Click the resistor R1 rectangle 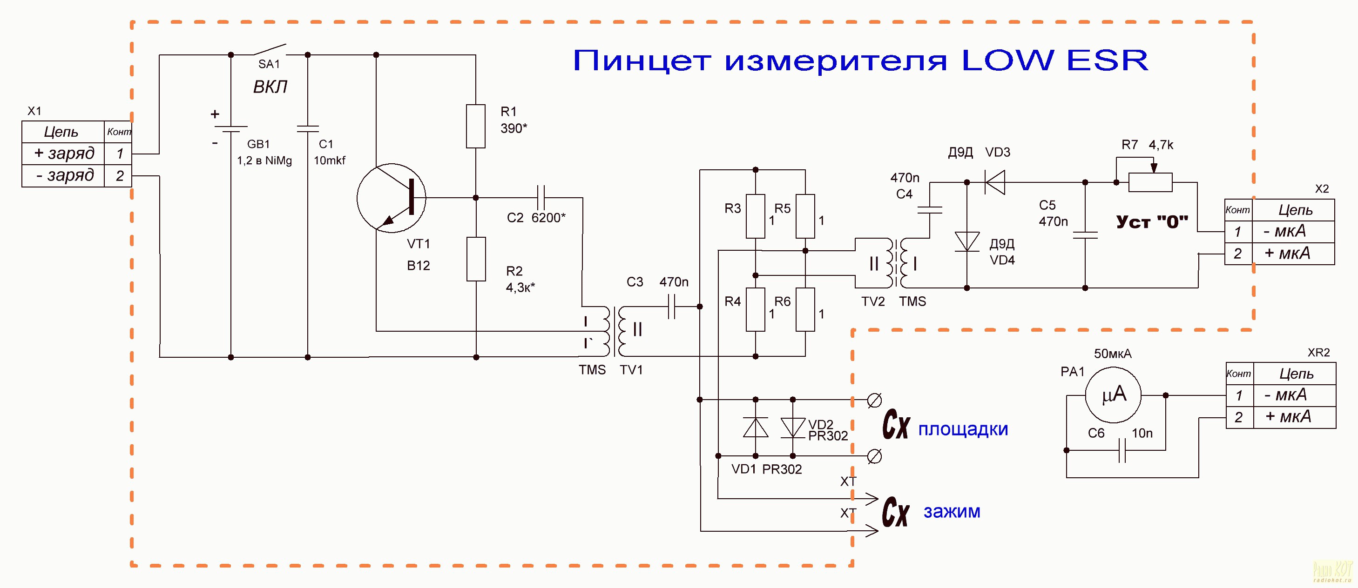click(475, 127)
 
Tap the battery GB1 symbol click(230, 129)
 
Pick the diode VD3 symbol click(995, 182)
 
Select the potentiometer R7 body click(1150, 182)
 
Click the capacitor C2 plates click(540, 198)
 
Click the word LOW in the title click(1007, 60)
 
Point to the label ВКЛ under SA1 click(270, 87)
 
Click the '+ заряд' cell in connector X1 click(63, 154)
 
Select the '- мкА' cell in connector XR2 click(1294, 395)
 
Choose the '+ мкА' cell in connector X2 click(1293, 254)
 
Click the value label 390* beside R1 click(514, 128)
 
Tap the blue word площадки click(963, 429)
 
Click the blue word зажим click(952, 512)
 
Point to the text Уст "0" click(1152, 222)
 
